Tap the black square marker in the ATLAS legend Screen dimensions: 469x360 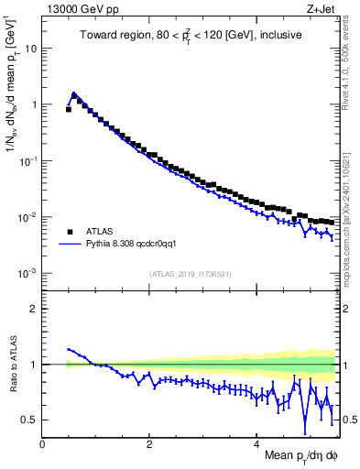coord(69,231)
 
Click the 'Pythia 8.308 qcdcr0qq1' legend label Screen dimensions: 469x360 coord(138,245)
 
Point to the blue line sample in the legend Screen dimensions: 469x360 coord(69,245)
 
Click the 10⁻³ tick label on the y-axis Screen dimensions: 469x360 coord(27,273)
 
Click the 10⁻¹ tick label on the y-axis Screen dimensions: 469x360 coord(27,160)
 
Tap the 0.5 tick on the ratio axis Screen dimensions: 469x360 coord(27,420)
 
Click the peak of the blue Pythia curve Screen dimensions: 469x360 coord(73,93)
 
